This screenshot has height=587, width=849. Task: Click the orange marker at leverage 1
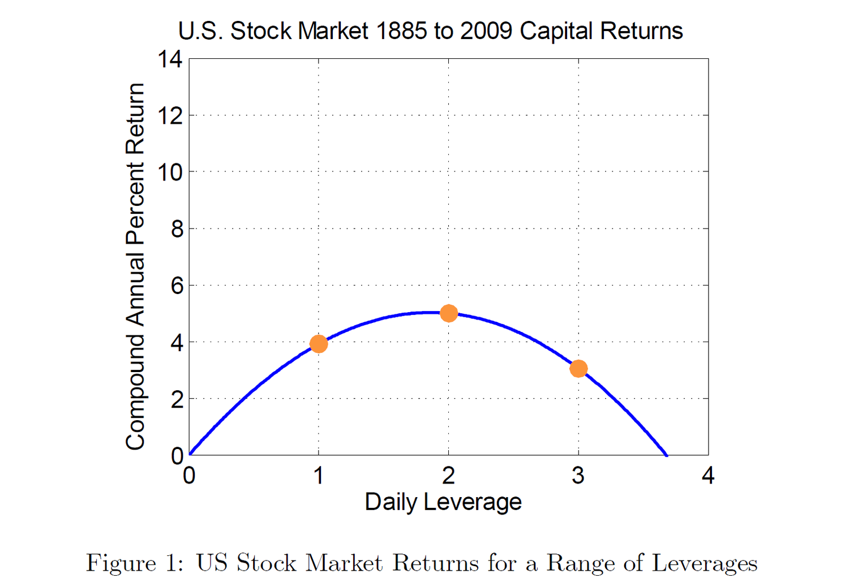319,344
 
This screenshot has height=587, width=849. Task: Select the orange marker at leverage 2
449,313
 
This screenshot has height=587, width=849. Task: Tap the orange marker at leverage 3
578,369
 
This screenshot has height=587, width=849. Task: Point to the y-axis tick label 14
170,59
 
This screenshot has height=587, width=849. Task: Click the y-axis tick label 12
170,116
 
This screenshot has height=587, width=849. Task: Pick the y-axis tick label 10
170,172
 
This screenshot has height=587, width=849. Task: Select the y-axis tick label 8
177,229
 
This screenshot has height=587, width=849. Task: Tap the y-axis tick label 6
177,286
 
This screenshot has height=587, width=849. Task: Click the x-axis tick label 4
708,476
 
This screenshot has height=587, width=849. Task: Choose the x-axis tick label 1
319,476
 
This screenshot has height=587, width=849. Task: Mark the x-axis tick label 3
578,476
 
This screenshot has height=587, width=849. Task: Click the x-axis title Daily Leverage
443,502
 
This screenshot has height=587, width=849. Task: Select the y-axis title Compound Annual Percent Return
135,266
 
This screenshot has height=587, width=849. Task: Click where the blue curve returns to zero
667,455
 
